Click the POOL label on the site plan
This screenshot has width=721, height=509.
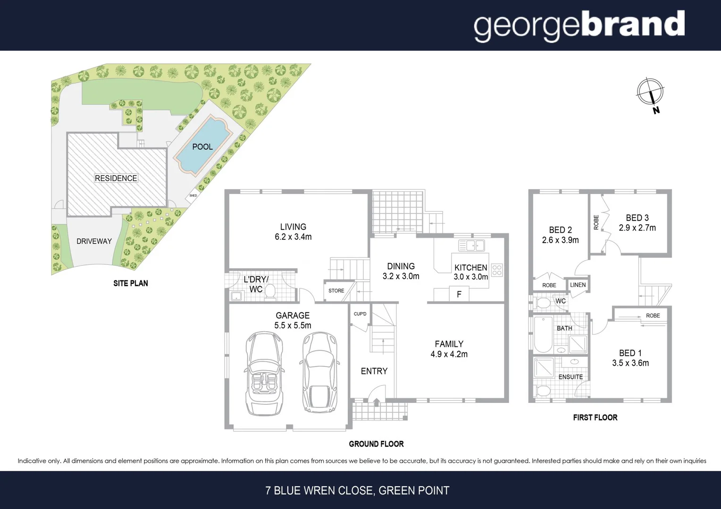[202, 147]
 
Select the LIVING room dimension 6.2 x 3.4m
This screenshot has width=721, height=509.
[293, 237]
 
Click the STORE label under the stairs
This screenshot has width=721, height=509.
[336, 291]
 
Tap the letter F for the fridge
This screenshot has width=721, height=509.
[459, 295]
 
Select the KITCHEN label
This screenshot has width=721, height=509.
[470, 267]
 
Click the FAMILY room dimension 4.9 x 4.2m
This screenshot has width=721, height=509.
[449, 354]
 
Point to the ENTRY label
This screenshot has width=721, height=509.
[374, 371]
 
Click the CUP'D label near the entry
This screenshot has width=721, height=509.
[360, 314]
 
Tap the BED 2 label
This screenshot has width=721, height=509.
[560, 230]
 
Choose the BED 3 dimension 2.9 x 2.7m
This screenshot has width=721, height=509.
[637, 228]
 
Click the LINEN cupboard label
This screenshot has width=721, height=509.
[578, 285]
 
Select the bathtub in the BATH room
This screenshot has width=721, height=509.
[543, 335]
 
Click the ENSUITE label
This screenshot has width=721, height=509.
[570, 377]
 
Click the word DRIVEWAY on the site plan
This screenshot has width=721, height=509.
[94, 241]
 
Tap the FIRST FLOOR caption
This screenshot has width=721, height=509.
[595, 418]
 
